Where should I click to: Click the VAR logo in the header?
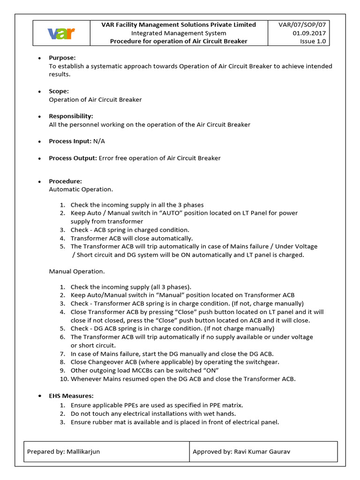point(61,33)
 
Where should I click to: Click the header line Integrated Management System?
point(179,33)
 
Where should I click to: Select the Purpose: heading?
point(62,58)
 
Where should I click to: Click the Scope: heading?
point(59,91)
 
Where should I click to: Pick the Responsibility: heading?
point(71,116)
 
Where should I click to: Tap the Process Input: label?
point(68,141)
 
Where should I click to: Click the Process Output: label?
point(73,158)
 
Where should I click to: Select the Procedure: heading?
point(66,181)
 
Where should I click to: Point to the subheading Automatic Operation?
point(81,189)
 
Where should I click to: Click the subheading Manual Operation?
point(77,271)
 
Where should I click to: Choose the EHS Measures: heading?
point(71,396)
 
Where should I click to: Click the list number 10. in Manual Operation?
point(63,379)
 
